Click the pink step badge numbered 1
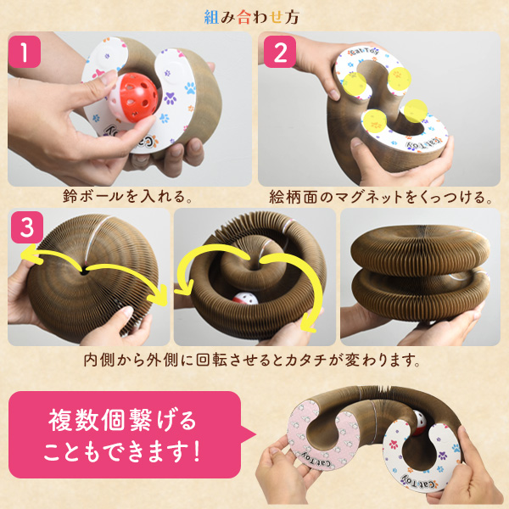click(25, 52)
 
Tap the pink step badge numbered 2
click(280, 52)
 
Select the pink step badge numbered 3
click(27, 227)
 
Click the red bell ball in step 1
click(133, 98)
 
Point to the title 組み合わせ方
click(252, 17)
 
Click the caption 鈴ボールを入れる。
click(127, 197)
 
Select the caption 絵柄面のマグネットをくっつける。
click(380, 197)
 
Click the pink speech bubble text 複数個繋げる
click(122, 421)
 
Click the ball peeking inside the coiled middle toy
click(245, 299)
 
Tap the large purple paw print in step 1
click(171, 98)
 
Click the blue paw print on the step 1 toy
click(190, 87)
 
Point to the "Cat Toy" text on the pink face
click(317, 459)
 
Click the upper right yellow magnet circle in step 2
click(400, 78)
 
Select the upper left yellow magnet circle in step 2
click(355, 84)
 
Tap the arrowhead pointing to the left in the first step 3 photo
click(28, 255)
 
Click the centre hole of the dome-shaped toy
click(84, 271)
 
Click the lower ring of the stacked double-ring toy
click(421, 296)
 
